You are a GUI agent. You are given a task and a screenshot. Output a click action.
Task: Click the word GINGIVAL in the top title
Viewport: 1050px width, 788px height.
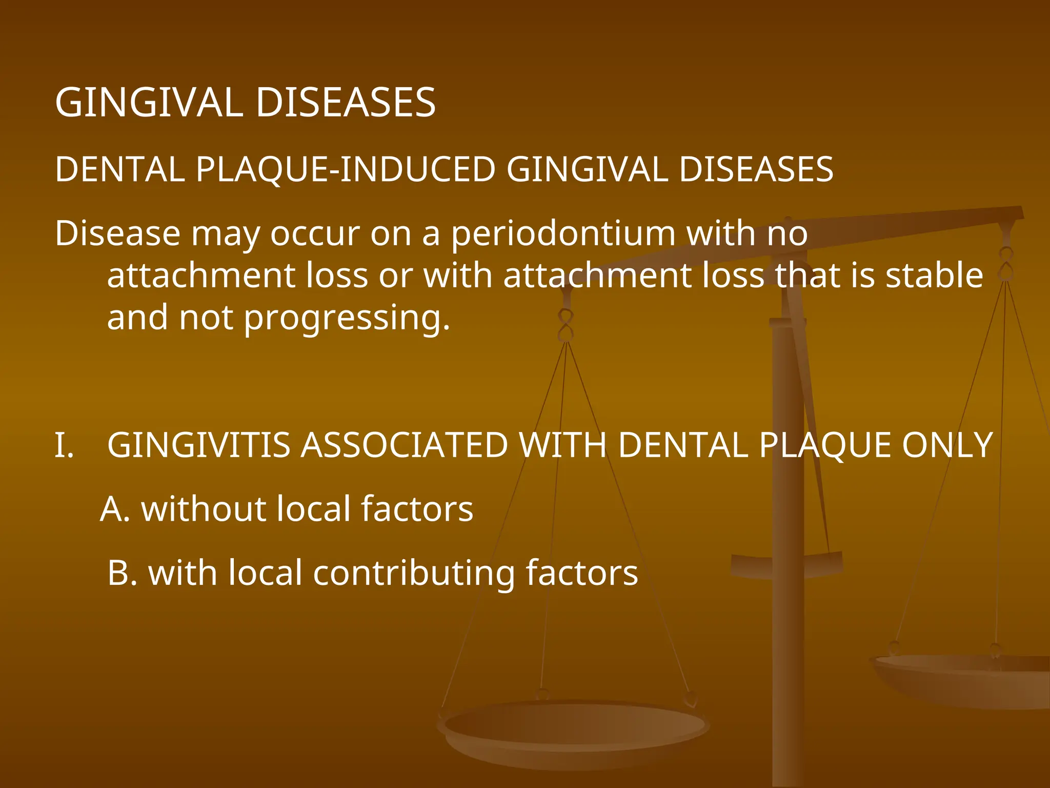pyautogui.click(x=149, y=103)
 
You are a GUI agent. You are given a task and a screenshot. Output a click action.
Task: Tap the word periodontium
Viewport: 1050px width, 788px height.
pyautogui.click(x=563, y=234)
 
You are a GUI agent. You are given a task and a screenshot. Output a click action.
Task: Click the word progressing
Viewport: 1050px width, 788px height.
pyautogui.click(x=347, y=318)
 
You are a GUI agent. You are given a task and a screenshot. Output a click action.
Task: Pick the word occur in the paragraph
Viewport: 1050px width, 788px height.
pyautogui.click(x=315, y=234)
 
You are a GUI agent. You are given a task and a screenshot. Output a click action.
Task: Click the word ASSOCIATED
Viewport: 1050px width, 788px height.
pyautogui.click(x=404, y=445)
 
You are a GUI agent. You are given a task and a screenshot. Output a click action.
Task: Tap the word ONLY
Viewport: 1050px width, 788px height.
pyautogui.click(x=947, y=445)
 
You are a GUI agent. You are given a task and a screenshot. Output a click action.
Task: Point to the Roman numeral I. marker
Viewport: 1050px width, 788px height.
pyautogui.click(x=64, y=445)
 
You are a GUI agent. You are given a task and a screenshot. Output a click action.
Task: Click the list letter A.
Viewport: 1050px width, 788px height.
pyautogui.click(x=114, y=509)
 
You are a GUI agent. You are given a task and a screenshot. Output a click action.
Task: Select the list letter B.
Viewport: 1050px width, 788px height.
pyautogui.click(x=122, y=573)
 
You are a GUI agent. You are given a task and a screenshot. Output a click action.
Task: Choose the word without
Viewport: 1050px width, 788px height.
pyautogui.click(x=203, y=509)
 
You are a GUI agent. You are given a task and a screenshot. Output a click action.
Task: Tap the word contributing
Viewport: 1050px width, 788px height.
pyautogui.click(x=413, y=573)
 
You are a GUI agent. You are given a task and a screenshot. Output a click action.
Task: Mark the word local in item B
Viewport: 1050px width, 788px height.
pyautogui.click(x=265, y=573)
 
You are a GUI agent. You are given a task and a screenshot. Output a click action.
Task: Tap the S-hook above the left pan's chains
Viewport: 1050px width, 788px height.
pyautogui.click(x=566, y=325)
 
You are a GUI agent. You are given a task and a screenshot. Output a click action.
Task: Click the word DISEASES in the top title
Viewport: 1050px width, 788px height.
pyautogui.click(x=346, y=103)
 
